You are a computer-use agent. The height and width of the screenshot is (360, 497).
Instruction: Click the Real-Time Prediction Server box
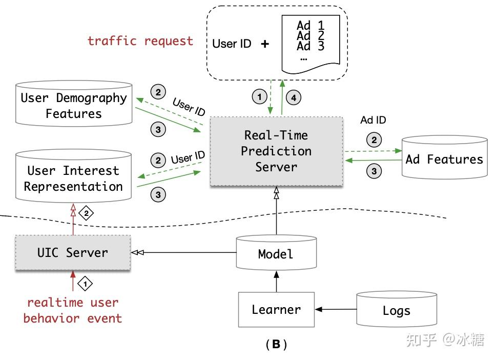(276, 151)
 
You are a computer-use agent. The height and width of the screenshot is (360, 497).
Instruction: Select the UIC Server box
(73, 252)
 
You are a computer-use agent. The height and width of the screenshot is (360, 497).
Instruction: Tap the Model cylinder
(276, 253)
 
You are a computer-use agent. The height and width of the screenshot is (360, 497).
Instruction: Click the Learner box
(276, 309)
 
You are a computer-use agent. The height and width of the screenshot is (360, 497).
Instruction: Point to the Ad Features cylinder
(444, 159)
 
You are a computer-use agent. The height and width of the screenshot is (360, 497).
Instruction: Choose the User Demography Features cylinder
(74, 105)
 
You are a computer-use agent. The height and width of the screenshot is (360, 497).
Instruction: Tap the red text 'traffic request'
(140, 41)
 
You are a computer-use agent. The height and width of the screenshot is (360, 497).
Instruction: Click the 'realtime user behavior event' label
(73, 310)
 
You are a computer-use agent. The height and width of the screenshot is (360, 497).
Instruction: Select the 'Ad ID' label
(373, 120)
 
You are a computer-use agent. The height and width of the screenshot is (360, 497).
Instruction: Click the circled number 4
(294, 97)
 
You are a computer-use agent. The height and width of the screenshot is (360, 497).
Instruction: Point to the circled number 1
(259, 97)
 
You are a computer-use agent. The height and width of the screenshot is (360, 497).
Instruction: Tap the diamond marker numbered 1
(86, 283)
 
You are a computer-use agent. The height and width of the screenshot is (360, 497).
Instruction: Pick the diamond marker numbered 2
(86, 213)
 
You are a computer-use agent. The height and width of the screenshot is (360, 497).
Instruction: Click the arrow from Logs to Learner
(336, 309)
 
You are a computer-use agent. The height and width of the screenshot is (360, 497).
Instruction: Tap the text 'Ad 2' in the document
(310, 35)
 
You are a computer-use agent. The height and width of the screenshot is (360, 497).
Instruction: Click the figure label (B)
(276, 345)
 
